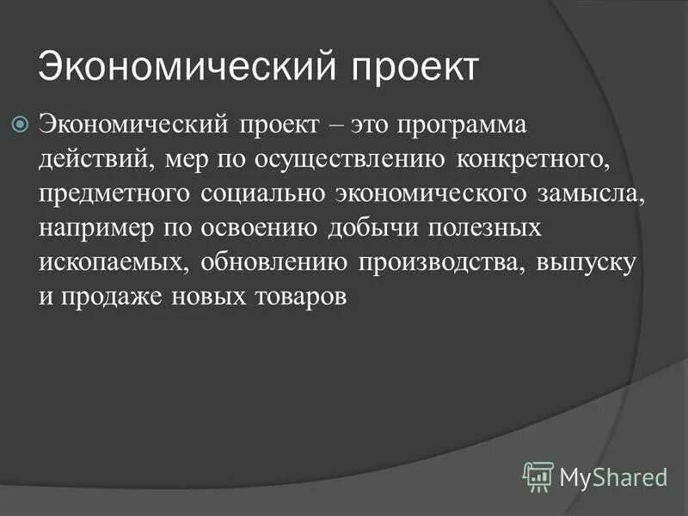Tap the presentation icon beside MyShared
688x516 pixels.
click(x=537, y=476)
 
